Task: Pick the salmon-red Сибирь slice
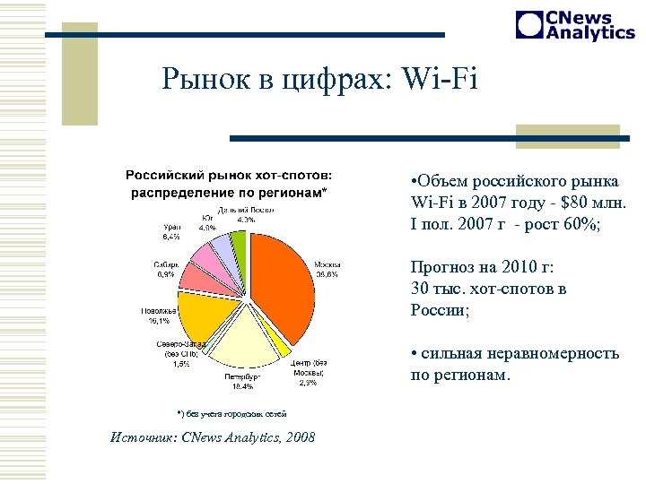[x=197, y=280]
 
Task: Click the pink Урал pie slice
[x=208, y=257]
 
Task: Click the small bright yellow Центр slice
[x=284, y=348]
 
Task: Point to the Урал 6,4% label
[x=170, y=232]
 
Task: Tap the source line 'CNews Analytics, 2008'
[x=248, y=437]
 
